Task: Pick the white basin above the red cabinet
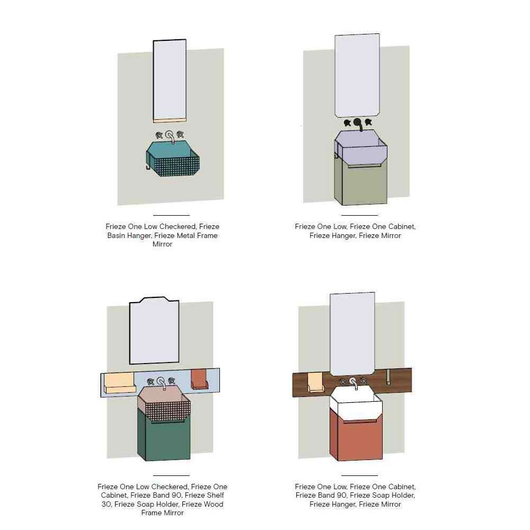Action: tap(356, 404)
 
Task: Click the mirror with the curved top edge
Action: tap(154, 331)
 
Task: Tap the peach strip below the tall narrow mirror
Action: tap(170, 120)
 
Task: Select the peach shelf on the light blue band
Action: tap(119, 383)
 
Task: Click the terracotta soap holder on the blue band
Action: tap(199, 379)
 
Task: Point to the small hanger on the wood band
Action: tap(388, 377)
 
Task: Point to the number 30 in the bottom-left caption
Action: tap(107, 505)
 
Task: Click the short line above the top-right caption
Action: tap(360, 215)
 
